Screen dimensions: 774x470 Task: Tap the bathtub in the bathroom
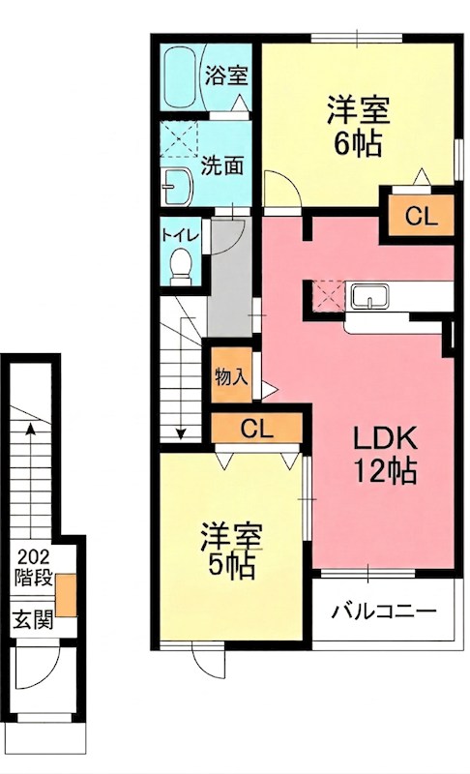tap(181, 76)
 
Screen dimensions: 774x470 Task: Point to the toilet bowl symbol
tap(180, 264)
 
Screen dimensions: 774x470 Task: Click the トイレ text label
tap(180, 233)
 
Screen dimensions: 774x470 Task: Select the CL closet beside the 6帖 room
tap(422, 217)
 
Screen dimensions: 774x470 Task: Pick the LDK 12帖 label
tap(383, 455)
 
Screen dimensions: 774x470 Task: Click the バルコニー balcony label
tap(384, 611)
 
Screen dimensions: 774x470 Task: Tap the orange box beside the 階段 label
tap(67, 594)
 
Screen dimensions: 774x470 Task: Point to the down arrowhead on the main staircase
tap(181, 433)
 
